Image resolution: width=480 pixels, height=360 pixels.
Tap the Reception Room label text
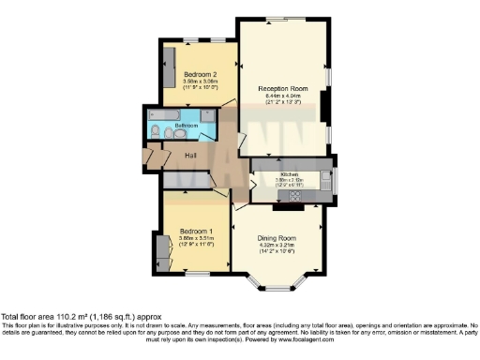(282, 87)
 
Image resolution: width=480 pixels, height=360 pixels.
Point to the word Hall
(190, 155)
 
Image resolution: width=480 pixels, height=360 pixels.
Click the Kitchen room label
(288, 174)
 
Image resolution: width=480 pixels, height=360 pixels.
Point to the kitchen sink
(325, 177)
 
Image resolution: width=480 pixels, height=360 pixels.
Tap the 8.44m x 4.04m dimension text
(282, 95)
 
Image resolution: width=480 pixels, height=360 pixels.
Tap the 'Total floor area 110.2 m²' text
(56, 316)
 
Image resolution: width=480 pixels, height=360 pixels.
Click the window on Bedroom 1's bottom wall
(197, 274)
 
